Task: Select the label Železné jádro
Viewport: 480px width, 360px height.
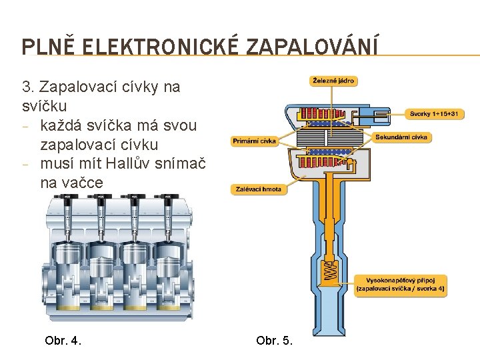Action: (x=333, y=81)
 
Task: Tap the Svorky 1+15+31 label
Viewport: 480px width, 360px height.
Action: (x=434, y=114)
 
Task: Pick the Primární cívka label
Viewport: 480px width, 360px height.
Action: (x=254, y=141)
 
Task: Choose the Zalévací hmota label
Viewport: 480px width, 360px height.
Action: (x=259, y=189)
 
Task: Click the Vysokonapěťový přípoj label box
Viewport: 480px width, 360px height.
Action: (x=400, y=284)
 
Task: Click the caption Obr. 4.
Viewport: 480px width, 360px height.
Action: (x=63, y=341)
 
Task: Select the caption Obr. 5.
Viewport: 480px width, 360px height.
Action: (x=274, y=341)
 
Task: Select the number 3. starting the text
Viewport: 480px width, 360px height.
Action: (x=28, y=87)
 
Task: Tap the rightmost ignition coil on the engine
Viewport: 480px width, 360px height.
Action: (x=163, y=217)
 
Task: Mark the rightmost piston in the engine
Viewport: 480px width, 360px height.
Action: (x=167, y=257)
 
